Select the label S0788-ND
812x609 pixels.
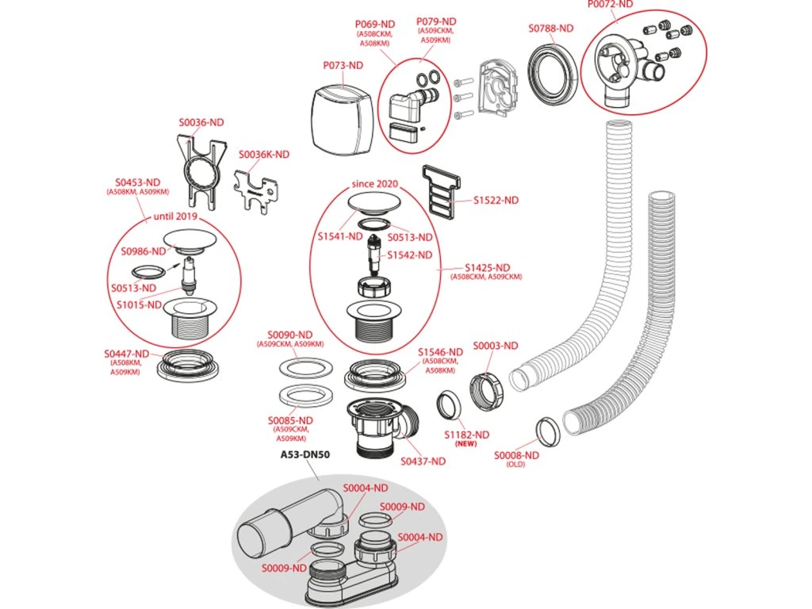[x=550, y=29]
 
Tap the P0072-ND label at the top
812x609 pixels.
[x=611, y=4]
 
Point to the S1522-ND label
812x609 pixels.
[x=496, y=201]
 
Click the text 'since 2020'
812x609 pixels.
[x=375, y=184]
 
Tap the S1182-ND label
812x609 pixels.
[x=466, y=435]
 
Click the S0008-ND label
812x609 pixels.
[x=516, y=455]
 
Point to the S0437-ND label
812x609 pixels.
[x=423, y=462]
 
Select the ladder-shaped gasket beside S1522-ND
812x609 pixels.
[x=442, y=190]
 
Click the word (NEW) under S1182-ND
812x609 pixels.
[x=466, y=446]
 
